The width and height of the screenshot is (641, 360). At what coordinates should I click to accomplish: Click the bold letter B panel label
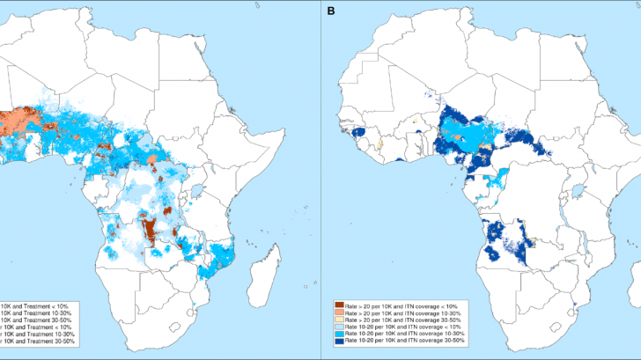pos(330,11)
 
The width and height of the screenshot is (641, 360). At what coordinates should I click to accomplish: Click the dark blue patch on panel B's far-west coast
pos(360,132)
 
